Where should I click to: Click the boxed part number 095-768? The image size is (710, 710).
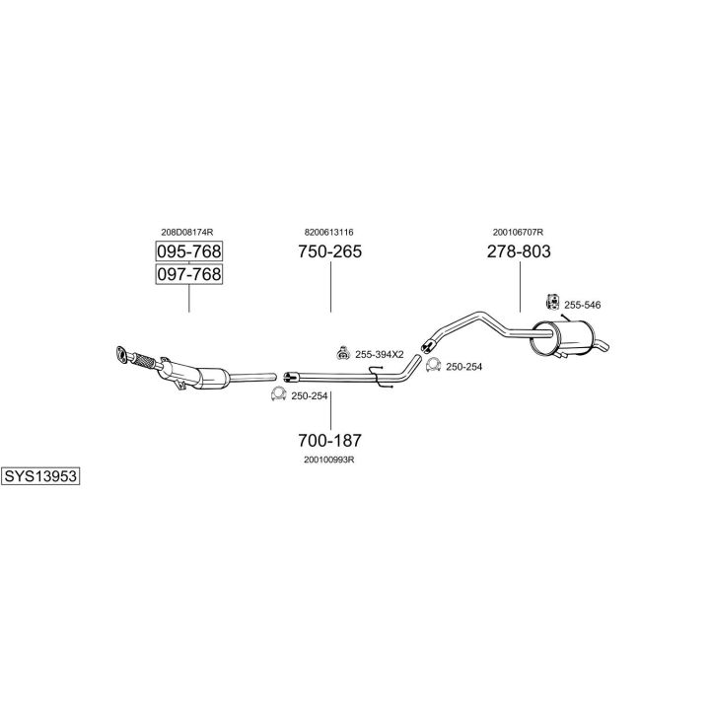[x=188, y=250]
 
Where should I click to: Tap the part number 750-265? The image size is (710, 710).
[x=330, y=251]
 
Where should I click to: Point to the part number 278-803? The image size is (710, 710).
[x=519, y=251]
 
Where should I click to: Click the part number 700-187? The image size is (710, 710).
[x=330, y=440]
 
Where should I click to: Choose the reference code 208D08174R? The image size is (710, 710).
[x=187, y=232]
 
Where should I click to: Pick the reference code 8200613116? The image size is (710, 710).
[x=329, y=232]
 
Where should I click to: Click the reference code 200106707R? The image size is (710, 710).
[x=519, y=232]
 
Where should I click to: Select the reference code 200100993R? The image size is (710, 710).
[x=329, y=460]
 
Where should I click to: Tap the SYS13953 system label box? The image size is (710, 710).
[x=40, y=476]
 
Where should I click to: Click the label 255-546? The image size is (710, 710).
[x=582, y=305]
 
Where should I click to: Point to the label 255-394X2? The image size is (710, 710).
[x=380, y=354]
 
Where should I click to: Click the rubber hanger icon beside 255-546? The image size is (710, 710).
[x=552, y=302]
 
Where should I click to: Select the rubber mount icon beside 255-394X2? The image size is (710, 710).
[x=342, y=353]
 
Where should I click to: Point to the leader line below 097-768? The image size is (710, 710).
[x=188, y=299]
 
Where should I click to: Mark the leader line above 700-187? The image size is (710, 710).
[x=330, y=408]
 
